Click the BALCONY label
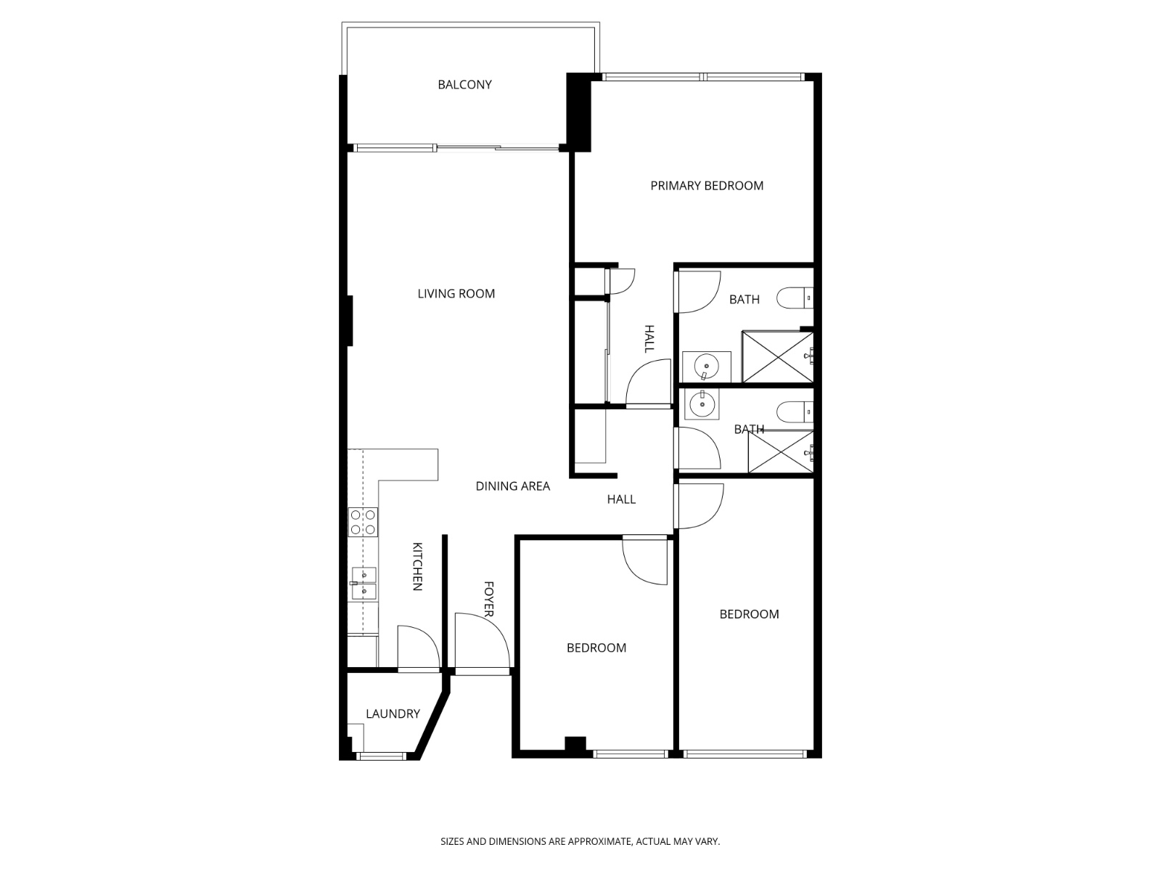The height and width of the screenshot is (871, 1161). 464,85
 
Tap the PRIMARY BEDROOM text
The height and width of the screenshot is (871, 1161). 707,186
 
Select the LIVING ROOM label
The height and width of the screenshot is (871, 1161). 456,294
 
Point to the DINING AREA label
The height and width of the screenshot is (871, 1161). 512,486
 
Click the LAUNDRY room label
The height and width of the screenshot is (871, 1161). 393,714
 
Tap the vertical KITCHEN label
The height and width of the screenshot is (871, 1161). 417,566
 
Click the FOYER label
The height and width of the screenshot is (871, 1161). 488,599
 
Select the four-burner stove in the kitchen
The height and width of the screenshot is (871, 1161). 363,522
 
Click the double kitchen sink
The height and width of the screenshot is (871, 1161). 363,584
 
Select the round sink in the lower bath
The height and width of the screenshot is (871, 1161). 702,404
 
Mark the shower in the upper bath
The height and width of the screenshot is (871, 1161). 776,356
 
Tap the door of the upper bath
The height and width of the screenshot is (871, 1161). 698,292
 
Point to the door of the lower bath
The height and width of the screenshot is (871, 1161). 698,449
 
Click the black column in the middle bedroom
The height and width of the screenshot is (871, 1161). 575,745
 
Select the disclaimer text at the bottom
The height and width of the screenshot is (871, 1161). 580,842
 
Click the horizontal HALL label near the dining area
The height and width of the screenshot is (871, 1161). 621,499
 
